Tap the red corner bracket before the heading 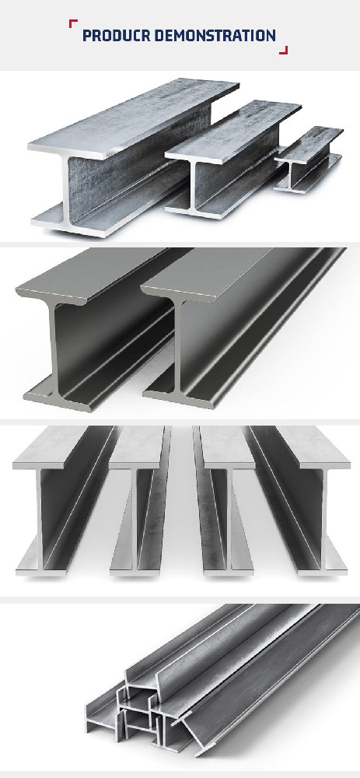point(73,23)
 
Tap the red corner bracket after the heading point(283,50)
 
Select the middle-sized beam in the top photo point(233,159)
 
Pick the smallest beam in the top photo point(309,159)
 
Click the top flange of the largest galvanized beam point(133,117)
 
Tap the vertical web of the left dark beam point(54,347)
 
